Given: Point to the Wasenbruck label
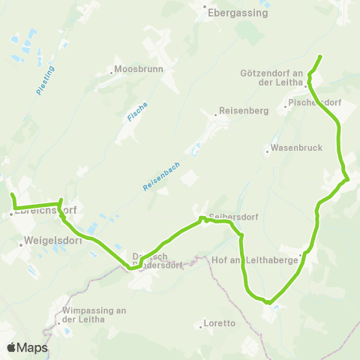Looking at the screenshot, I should [297, 148].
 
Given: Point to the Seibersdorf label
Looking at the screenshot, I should [234, 217].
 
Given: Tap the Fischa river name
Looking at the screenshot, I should [132, 112].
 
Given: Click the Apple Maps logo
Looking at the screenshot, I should [27, 347].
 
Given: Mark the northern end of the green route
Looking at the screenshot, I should [320, 57].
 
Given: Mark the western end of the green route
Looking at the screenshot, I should [12, 195].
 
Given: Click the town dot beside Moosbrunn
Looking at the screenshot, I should [112, 73].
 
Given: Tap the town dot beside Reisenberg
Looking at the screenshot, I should [215, 115].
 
